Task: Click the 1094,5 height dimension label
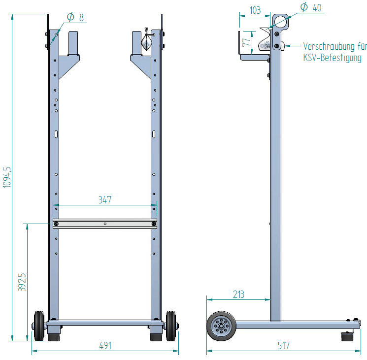coord(7,177)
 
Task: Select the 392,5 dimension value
coord(22,282)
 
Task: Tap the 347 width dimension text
coord(105,200)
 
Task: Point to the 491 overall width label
coord(105,346)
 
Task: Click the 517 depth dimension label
coord(283,346)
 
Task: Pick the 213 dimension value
coord(238,295)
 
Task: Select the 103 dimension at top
coord(255,10)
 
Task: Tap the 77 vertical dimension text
coord(246,42)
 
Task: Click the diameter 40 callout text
coord(311,7)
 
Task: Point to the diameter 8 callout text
coord(75,17)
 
